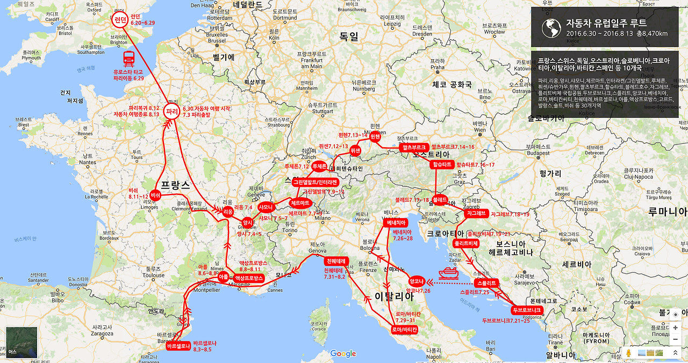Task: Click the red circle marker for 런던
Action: [119, 20]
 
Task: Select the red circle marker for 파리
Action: [172, 112]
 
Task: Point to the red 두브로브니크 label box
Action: [526, 310]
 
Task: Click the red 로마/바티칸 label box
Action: [404, 329]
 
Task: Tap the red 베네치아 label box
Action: [395, 222]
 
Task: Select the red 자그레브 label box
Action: [476, 213]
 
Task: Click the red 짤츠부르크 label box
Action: [414, 147]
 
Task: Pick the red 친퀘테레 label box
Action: [338, 261]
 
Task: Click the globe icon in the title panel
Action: [551, 28]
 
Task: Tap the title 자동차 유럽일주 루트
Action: [606, 23]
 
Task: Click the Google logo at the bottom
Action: [343, 353]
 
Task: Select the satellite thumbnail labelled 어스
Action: [21, 343]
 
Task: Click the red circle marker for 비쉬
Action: [155, 195]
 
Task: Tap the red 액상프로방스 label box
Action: [248, 278]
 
